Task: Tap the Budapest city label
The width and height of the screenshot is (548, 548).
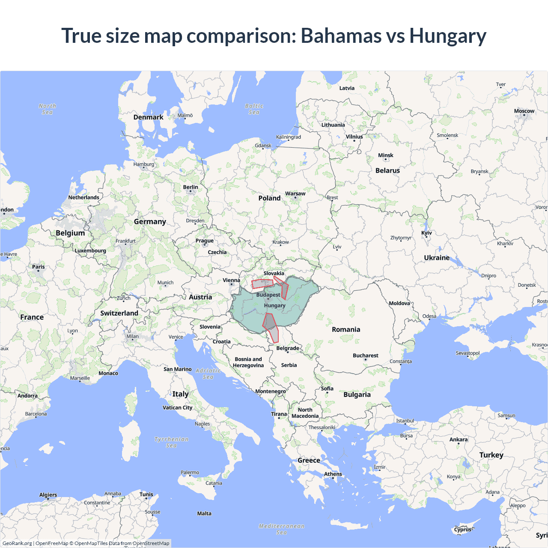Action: click(x=268, y=295)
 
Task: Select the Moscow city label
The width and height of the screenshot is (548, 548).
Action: click(x=524, y=111)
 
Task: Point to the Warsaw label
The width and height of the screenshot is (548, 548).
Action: click(x=295, y=194)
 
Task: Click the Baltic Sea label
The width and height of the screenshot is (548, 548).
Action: click(x=254, y=109)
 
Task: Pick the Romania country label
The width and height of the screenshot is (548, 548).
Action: click(x=346, y=329)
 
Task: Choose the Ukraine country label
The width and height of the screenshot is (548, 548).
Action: click(x=437, y=258)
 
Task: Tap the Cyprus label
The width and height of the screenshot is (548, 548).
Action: click(x=462, y=529)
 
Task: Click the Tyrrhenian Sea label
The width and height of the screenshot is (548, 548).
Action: click(x=171, y=442)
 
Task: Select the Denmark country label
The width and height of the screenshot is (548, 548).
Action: click(x=148, y=117)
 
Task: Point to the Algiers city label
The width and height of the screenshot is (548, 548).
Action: click(x=48, y=495)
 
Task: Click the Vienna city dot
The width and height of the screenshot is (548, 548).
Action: click(x=232, y=284)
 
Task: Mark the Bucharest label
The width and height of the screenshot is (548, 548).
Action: click(x=365, y=355)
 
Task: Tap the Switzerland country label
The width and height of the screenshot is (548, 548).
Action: click(x=119, y=313)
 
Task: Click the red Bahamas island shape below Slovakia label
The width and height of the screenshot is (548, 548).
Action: click(x=262, y=283)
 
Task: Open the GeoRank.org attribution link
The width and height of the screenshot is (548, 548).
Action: click(x=17, y=543)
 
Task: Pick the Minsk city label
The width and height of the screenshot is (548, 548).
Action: click(x=385, y=155)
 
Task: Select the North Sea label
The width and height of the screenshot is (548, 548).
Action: click(x=47, y=109)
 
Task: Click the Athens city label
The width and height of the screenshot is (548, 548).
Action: click(x=333, y=474)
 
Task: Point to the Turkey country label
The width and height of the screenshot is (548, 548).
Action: click(x=491, y=455)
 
